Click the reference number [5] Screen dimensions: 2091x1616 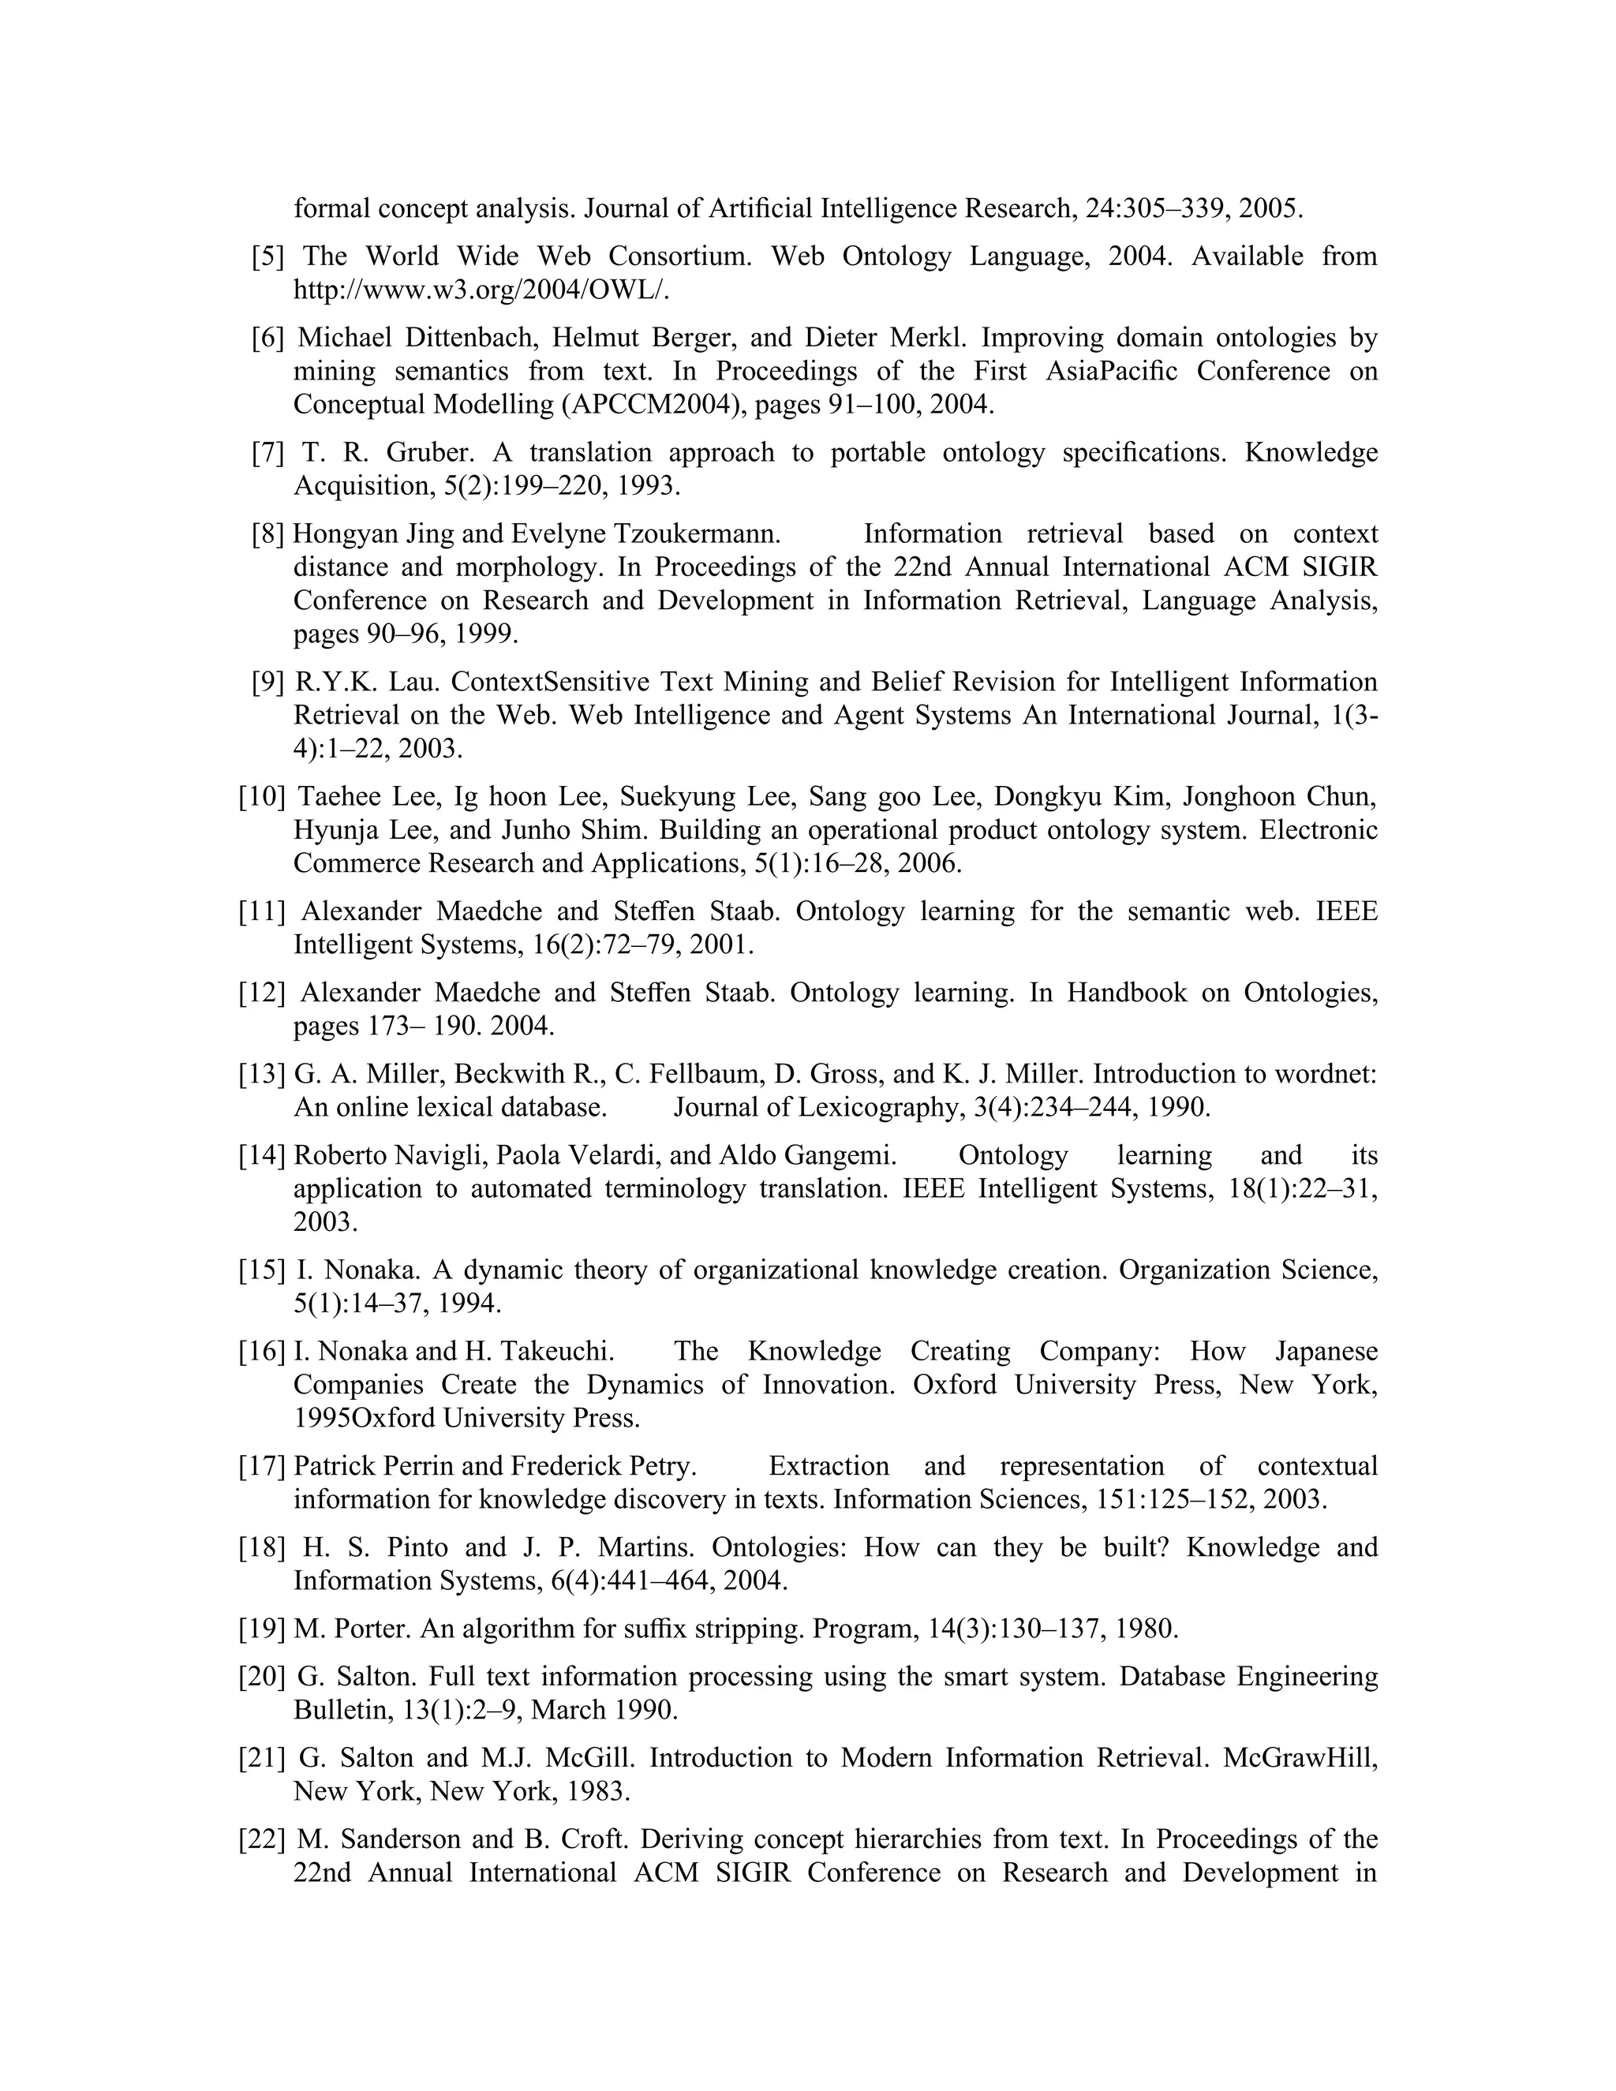[268, 256]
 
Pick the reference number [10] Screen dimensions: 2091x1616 [262, 797]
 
